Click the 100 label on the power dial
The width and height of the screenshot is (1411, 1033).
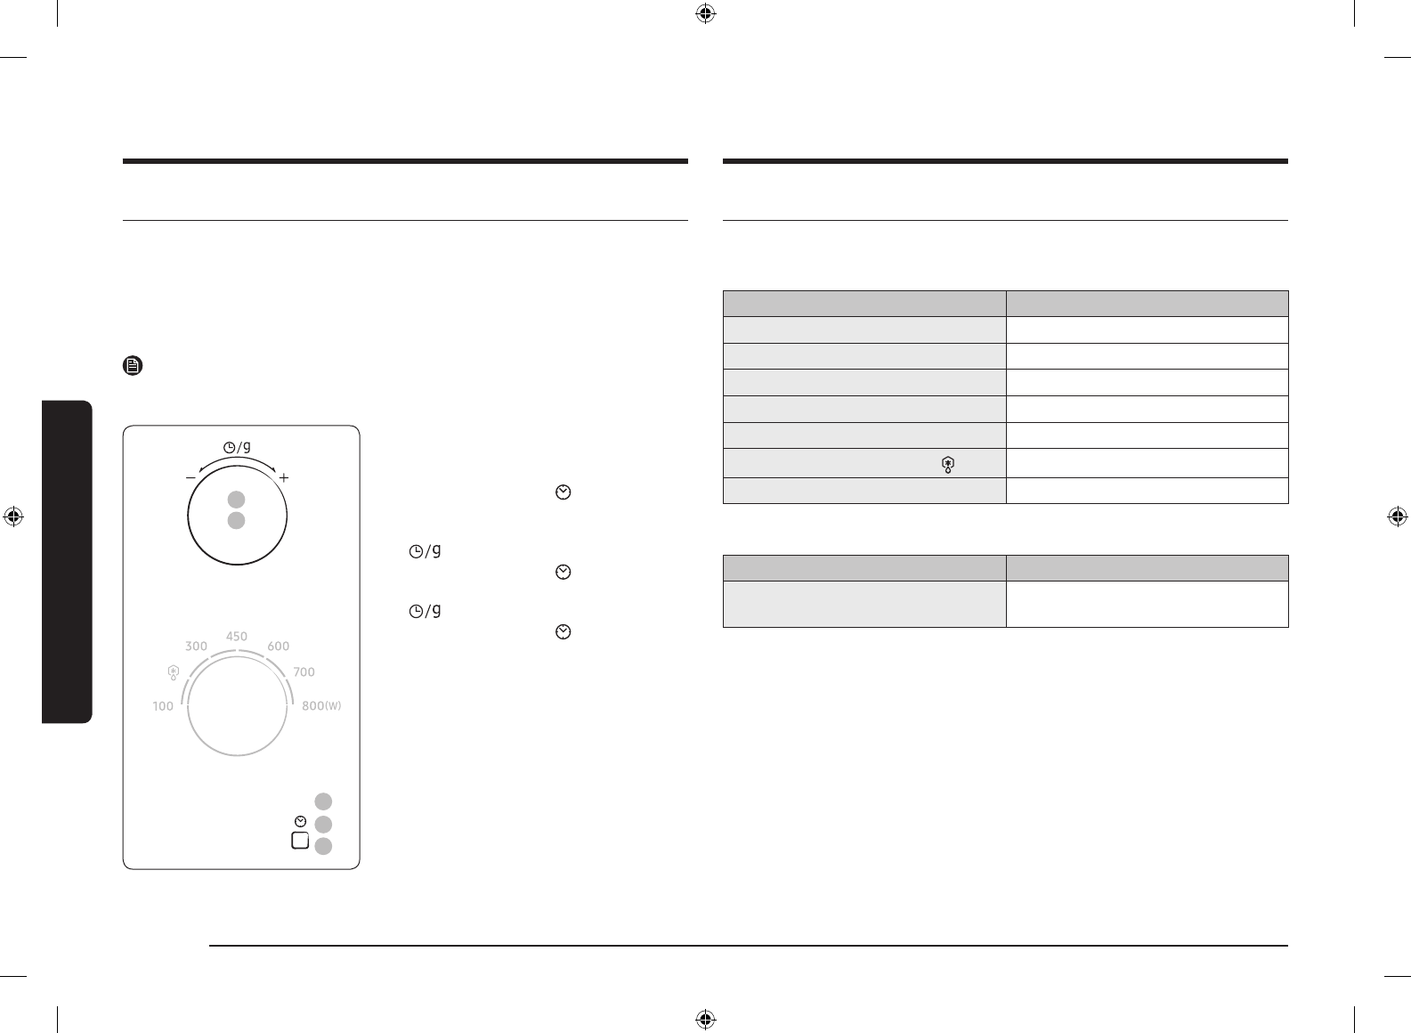tap(163, 706)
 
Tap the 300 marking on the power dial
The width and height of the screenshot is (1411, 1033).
tap(196, 646)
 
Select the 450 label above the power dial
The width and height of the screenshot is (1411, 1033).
tap(237, 637)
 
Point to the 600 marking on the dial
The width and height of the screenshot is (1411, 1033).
tap(279, 646)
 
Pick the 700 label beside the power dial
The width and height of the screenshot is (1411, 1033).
tap(304, 671)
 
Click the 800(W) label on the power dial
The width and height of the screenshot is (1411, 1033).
tap(321, 706)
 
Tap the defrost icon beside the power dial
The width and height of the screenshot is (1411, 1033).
tap(174, 672)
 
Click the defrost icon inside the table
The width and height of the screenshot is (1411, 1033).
tap(948, 465)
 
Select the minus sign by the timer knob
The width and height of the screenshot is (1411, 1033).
tap(191, 477)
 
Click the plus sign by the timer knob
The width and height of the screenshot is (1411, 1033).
tap(284, 477)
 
